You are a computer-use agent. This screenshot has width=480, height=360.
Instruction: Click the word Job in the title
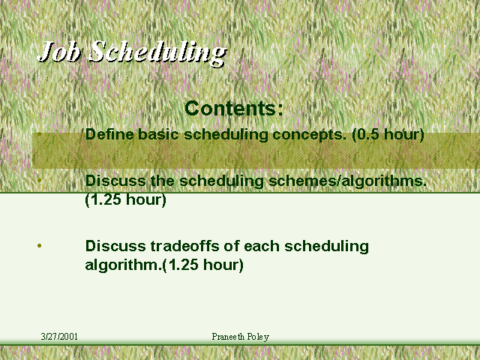click(x=59, y=51)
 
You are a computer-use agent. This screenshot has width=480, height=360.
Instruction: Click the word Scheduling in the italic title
click(x=158, y=53)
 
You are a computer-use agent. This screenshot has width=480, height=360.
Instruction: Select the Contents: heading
click(x=234, y=108)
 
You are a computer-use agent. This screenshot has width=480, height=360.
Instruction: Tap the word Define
click(x=109, y=134)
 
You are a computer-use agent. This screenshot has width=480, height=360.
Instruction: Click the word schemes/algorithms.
click(x=347, y=181)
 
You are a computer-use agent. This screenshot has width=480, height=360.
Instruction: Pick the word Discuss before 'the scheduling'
click(x=115, y=181)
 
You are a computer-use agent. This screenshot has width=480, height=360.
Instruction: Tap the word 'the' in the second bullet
click(x=162, y=181)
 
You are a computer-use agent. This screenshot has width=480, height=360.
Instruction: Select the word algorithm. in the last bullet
click(x=123, y=265)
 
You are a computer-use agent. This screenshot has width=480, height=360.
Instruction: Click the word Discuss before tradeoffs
click(x=115, y=246)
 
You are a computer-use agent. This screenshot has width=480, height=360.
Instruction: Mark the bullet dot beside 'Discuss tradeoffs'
click(x=39, y=245)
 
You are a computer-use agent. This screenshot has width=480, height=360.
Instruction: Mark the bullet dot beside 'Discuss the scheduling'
click(x=39, y=180)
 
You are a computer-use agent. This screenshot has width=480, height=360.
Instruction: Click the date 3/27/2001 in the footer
click(x=59, y=337)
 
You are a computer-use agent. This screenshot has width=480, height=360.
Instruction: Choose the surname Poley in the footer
click(x=258, y=337)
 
